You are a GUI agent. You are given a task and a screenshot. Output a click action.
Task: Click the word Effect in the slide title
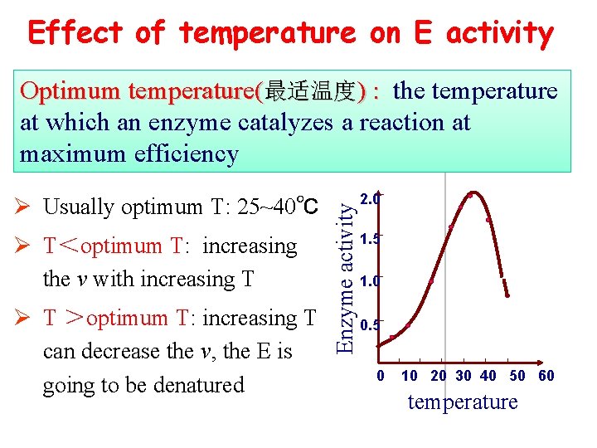tap(75, 33)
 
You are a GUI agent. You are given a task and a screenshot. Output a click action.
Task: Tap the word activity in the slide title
tap(500, 33)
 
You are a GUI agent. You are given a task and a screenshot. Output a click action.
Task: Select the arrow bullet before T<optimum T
tap(26, 246)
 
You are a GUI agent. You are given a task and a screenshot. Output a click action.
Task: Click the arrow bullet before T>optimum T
tap(26, 319)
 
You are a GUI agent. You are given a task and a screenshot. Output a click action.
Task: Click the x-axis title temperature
tap(462, 402)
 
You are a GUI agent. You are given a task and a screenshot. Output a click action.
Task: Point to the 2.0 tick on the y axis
tap(370, 199)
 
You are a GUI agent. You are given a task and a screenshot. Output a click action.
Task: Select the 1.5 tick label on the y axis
tap(370, 239)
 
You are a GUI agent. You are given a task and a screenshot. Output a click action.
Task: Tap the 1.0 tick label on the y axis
tap(370, 281)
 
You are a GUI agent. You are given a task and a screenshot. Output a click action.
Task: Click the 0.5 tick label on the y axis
tap(370, 325)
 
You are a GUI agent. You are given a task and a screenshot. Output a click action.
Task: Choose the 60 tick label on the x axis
tap(546, 376)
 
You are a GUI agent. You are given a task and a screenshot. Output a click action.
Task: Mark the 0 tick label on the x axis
tap(381, 376)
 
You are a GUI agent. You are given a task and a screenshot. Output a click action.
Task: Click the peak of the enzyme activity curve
tap(469, 195)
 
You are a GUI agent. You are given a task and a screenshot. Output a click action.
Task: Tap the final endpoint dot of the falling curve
tap(507, 295)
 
